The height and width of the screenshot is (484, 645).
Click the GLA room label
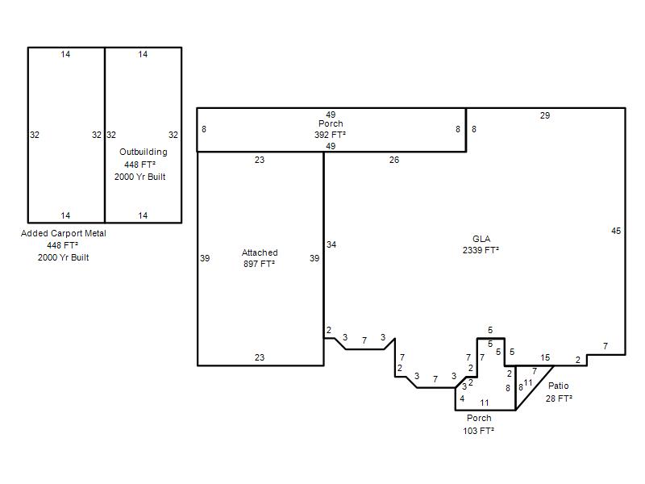[x=481, y=239]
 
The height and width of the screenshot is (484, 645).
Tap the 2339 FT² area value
[x=481, y=250]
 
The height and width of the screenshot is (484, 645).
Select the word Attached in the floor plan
[x=260, y=252]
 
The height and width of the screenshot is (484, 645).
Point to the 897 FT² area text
[x=259, y=264]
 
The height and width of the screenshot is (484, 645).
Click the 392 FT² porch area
[x=330, y=135]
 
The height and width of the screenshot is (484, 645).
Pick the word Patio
[x=558, y=386]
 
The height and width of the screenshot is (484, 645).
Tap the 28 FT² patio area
[x=559, y=398]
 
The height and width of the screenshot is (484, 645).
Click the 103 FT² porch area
[x=478, y=431]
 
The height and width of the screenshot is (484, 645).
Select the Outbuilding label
[x=144, y=152]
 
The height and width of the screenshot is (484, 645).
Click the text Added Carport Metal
[x=64, y=233]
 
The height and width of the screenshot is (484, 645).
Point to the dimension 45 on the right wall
[x=616, y=231]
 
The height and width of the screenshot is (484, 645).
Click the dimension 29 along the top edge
[x=545, y=115]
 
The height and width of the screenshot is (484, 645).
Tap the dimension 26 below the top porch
[x=394, y=160]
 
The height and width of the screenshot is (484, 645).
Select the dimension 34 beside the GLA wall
[x=331, y=244]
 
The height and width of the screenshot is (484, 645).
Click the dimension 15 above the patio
[x=545, y=357]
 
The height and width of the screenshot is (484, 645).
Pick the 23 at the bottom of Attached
[x=259, y=357]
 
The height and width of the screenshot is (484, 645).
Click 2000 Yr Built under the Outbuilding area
[x=139, y=177]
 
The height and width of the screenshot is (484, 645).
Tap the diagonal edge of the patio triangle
[x=535, y=388]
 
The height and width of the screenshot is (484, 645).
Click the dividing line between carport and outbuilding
[x=105, y=135]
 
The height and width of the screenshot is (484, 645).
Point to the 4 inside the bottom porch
[x=462, y=398]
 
